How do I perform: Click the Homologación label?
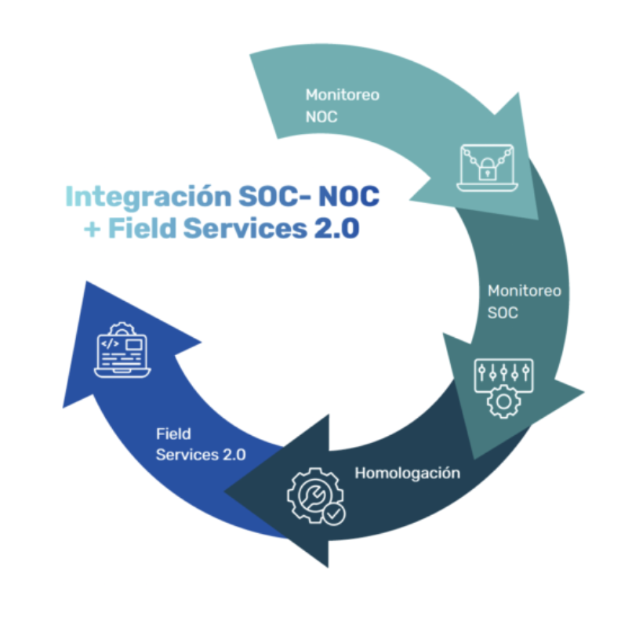click(x=407, y=474)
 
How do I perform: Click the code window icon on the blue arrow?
click(x=122, y=350)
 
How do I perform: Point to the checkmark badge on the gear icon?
click(x=334, y=515)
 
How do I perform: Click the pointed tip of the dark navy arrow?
click(x=227, y=493)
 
